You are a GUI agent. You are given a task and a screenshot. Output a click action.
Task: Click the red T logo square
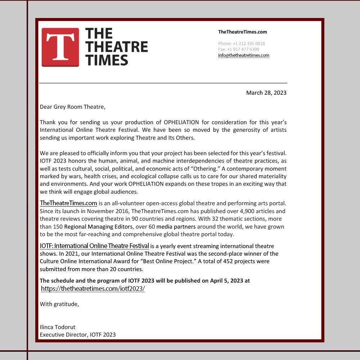[x=60, y=47]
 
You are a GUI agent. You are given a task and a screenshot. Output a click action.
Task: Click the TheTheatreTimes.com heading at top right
[x=242, y=32]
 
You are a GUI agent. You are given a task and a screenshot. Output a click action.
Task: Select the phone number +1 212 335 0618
[x=249, y=44]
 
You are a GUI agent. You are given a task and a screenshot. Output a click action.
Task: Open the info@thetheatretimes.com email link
[x=244, y=55]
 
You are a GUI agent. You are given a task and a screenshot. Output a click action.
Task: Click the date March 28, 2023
[x=266, y=93]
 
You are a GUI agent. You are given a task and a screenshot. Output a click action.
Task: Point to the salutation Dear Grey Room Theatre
[x=72, y=107]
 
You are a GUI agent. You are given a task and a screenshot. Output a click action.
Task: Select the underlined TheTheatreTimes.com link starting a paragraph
[x=68, y=203]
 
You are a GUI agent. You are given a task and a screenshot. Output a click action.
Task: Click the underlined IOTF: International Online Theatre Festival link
[x=94, y=246]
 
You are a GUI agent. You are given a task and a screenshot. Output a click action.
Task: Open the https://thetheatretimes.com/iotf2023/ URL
[x=93, y=289]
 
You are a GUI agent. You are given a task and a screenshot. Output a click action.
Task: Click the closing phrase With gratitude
[x=59, y=304]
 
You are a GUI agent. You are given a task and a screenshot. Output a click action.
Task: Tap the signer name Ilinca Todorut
[x=58, y=327]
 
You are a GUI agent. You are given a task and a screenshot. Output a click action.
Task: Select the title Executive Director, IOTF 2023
[x=78, y=335]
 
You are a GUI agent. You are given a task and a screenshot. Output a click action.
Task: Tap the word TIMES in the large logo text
[x=107, y=60]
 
